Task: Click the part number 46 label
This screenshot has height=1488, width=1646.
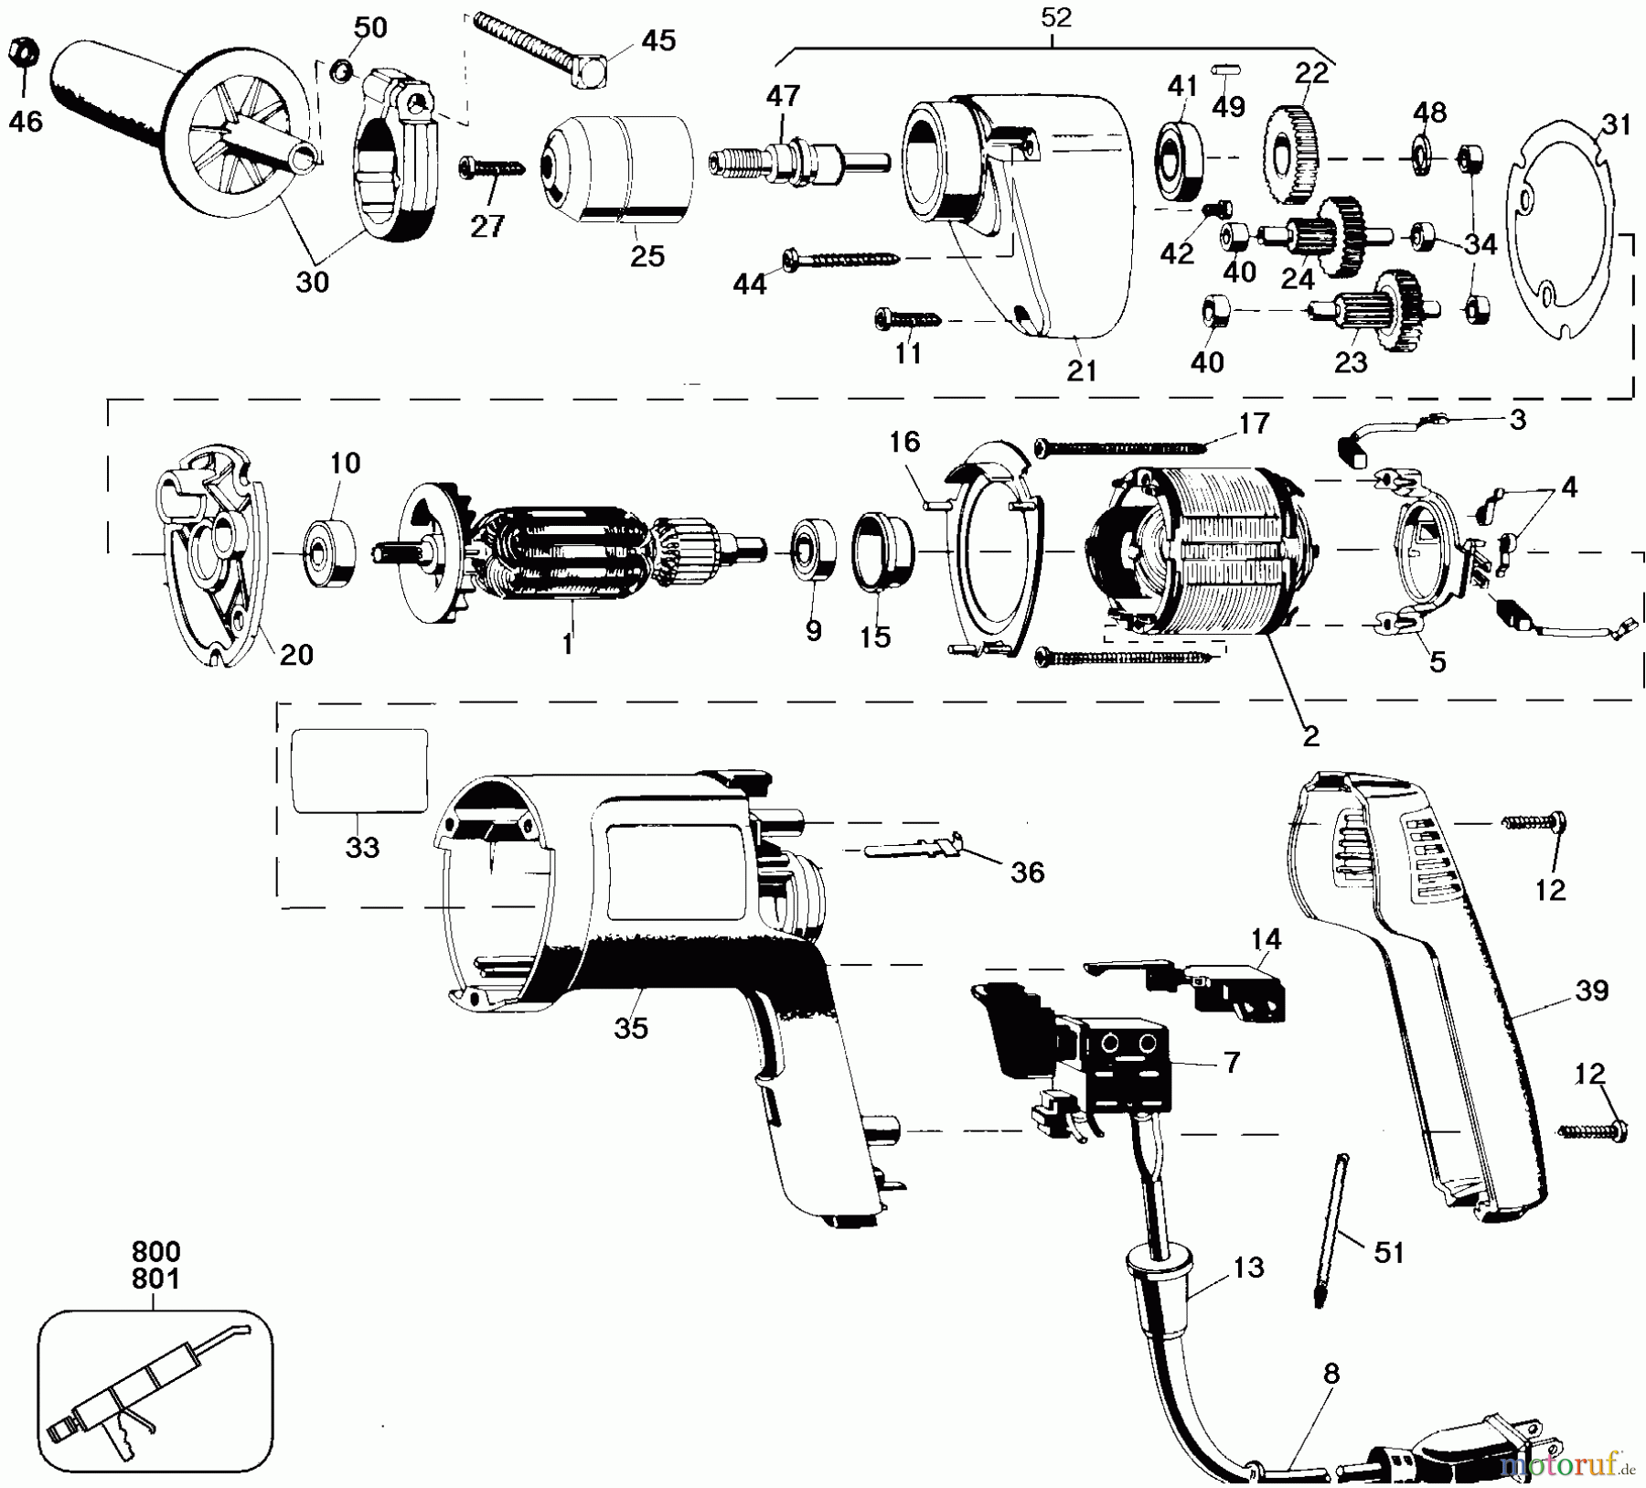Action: [x=26, y=120]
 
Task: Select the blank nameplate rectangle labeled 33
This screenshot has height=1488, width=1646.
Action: [x=359, y=770]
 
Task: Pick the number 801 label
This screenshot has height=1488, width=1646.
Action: [x=155, y=1278]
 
